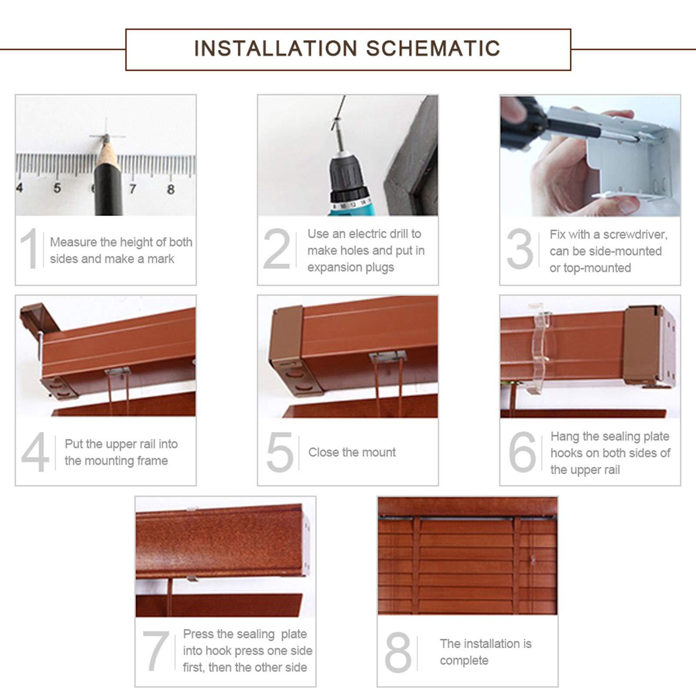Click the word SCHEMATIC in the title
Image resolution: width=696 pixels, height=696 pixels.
[x=433, y=48]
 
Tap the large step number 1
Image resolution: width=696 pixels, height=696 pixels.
[x=30, y=249]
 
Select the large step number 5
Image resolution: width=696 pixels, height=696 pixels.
[x=280, y=452]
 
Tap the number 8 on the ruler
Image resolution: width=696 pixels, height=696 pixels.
[x=171, y=189]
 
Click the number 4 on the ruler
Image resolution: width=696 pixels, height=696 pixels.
[x=19, y=188]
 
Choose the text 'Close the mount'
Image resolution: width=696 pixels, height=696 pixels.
[x=352, y=452]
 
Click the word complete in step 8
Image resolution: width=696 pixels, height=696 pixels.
[x=464, y=661]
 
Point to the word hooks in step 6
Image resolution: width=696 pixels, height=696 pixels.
[x=566, y=453]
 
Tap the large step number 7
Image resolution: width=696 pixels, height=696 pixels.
[x=155, y=651]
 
